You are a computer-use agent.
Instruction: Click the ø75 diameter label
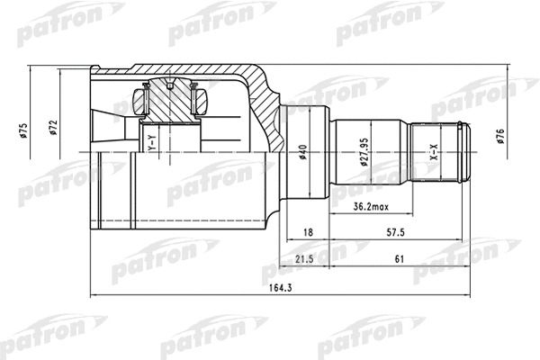click(23, 130)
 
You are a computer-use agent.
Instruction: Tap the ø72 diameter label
click(53, 127)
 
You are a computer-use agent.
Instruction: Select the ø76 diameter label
click(500, 136)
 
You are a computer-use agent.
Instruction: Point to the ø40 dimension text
click(302, 152)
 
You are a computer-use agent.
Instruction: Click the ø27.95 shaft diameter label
click(364, 152)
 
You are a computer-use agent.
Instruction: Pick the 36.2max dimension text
click(371, 207)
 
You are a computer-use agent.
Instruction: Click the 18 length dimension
click(308, 232)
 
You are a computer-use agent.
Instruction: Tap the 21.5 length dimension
click(304, 258)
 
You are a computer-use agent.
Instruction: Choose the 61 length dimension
click(400, 258)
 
